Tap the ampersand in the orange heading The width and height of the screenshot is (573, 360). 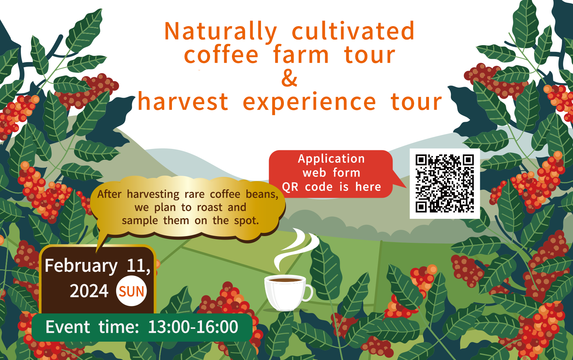(289, 78)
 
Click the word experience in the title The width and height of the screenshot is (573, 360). (309, 103)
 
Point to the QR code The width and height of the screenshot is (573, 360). (444, 184)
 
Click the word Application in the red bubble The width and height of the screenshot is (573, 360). (331, 159)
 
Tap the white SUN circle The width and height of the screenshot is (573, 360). (131, 291)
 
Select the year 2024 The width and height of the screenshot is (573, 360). (89, 291)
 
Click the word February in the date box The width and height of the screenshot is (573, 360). (81, 266)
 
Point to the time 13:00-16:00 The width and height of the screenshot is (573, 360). (193, 327)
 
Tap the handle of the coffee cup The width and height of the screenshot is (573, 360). (309, 293)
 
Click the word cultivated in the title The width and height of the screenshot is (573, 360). (353, 31)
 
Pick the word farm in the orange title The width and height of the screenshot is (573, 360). (301, 54)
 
